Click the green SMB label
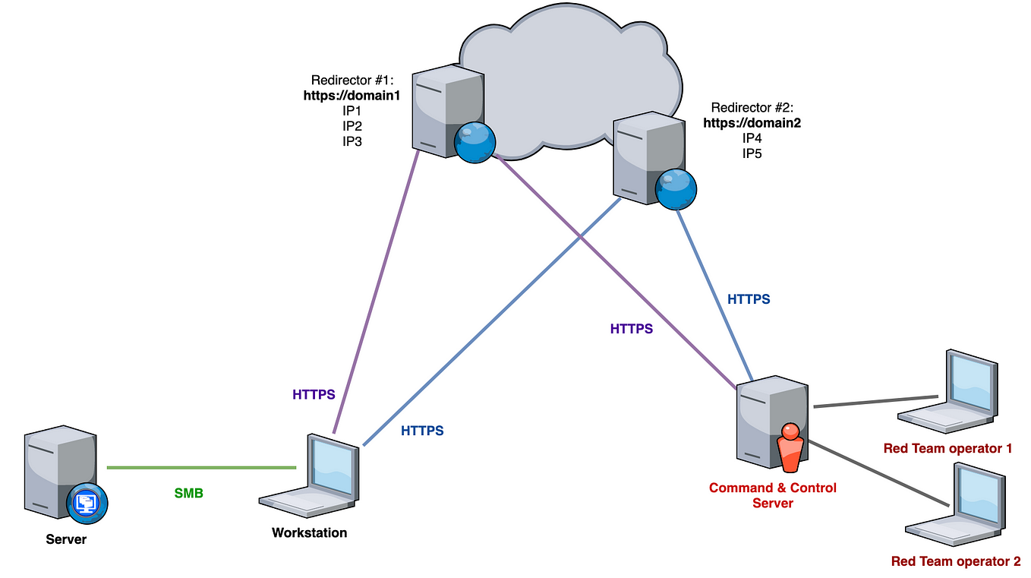click(188, 493)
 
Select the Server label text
click(66, 539)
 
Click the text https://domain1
click(352, 96)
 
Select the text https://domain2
click(752, 123)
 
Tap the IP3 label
click(352, 141)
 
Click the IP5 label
click(752, 153)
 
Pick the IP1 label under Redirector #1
click(352, 111)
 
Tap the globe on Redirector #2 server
click(676, 188)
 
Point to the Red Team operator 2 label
click(955, 562)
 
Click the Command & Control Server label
click(772, 495)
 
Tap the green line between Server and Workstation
click(201, 467)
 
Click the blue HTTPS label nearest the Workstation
click(422, 431)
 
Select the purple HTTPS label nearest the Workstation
click(314, 395)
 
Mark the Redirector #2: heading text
click(752, 108)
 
